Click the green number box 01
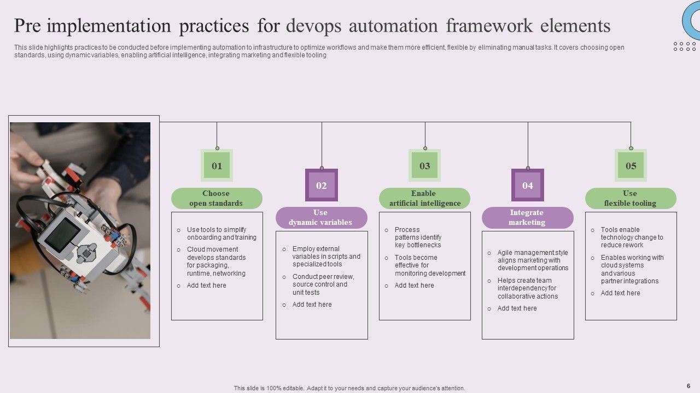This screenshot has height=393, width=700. tap(217, 165)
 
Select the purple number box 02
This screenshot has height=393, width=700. tap(322, 185)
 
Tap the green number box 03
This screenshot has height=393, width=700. tap(425, 165)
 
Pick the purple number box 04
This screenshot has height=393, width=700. tap(528, 185)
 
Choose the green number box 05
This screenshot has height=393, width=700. tap(631, 165)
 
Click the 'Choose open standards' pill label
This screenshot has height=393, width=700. tap(217, 198)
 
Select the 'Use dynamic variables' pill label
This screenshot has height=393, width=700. tap(321, 217)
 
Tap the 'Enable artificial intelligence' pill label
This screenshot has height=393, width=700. tap(424, 198)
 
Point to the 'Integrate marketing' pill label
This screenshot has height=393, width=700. tap(527, 217)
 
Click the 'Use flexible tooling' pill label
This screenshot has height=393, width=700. tap(630, 198)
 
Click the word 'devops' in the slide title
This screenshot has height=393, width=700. tap(313, 26)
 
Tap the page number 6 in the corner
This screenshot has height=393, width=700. tap(689, 385)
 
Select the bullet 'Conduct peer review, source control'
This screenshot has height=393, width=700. tap(323, 284)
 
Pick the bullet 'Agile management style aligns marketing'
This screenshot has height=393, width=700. tap(532, 260)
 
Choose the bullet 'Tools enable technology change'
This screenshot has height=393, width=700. tap(631, 237)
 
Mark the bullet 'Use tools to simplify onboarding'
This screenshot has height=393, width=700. tap(221, 234)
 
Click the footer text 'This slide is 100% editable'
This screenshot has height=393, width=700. tap(349, 388)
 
